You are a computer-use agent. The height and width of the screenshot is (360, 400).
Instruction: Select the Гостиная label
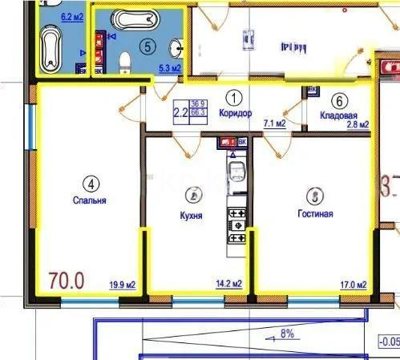314,214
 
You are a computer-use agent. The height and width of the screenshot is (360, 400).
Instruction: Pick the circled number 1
233,98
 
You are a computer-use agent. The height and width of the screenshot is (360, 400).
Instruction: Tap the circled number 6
340,100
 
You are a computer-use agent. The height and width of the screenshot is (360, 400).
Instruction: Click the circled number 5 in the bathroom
146,46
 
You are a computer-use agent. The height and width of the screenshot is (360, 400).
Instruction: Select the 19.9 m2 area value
122,284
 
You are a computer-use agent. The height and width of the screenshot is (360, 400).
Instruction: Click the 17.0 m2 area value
352,284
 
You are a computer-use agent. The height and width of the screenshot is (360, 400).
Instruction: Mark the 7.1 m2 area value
275,123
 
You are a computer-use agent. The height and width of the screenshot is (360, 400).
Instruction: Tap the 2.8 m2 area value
357,124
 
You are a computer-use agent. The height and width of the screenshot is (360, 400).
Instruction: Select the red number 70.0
67,281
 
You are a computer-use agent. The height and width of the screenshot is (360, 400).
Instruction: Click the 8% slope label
287,332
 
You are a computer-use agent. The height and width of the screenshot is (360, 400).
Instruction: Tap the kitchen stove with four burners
237,224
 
